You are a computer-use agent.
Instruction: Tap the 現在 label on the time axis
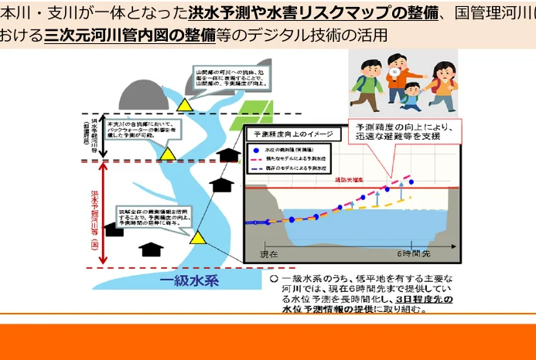coord(268,253)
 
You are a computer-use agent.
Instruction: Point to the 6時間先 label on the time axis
coord(415,253)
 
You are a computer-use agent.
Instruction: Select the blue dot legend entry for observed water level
coord(254,148)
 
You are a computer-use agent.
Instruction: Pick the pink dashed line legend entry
coord(254,157)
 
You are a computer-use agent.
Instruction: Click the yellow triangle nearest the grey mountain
coord(184,104)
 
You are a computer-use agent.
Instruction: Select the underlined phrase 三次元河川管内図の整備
coord(129,36)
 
